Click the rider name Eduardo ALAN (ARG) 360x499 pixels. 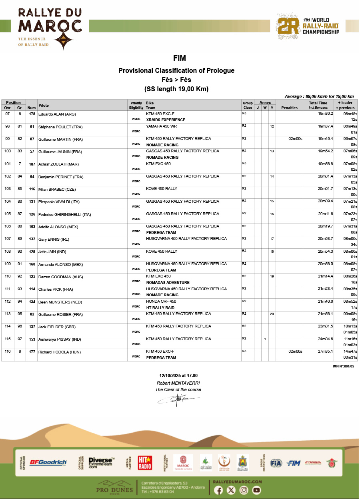coord(57,114)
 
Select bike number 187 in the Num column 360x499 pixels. coord(32,164)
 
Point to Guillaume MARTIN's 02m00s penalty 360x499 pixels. coord(295,139)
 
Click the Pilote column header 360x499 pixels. coord(44,105)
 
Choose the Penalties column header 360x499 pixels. coord(289,108)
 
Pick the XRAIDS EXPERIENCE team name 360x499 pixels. coord(166,120)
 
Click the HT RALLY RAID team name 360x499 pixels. coord(160,308)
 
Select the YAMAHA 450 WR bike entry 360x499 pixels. coord(161,126)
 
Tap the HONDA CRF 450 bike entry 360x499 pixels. coord(161,301)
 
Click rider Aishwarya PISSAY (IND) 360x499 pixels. coord(60,339)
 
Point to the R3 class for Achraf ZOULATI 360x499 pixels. coord(244,164)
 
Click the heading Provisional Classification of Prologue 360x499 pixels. coord(176,71)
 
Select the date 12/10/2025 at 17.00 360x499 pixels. coord(178,375)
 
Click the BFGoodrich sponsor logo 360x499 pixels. coord(48,463)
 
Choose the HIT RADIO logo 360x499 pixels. coord(145,463)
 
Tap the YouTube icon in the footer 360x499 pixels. coord(256,490)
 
